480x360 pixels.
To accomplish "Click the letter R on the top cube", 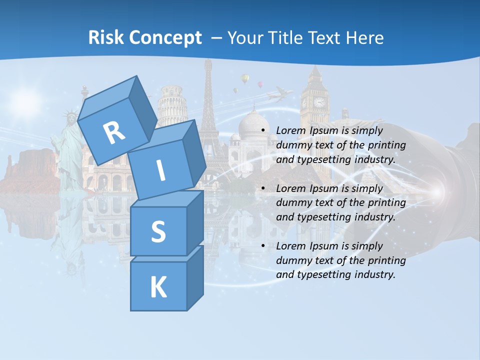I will (114, 132).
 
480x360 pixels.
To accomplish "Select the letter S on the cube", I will (158, 232).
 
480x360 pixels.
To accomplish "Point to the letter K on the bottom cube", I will (158, 287).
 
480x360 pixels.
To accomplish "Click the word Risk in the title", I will (107, 38).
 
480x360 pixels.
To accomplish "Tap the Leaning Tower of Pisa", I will (172, 107).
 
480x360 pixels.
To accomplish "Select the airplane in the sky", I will (281, 93).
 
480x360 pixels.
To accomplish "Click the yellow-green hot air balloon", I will (244, 78).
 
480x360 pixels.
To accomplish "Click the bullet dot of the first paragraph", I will (263, 131).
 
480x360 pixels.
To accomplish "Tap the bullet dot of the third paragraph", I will (263, 246).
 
